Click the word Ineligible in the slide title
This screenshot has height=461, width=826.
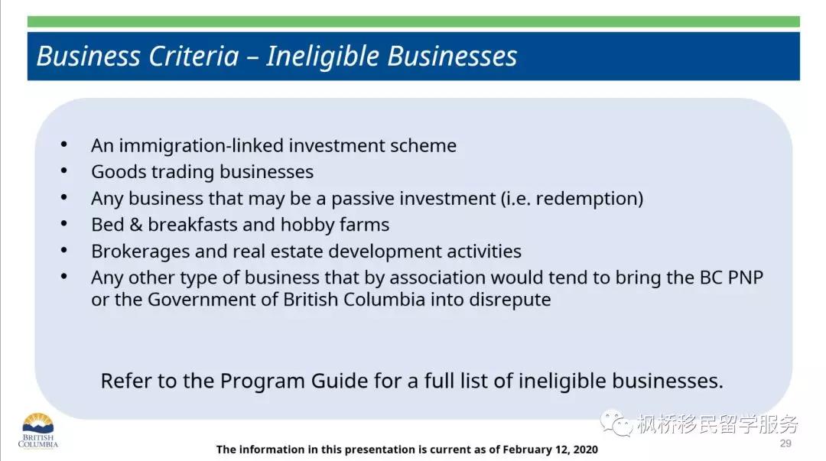(323, 57)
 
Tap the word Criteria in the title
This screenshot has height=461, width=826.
(193, 56)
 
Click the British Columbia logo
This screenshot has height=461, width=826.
(38, 430)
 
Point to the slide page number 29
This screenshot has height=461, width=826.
(785, 443)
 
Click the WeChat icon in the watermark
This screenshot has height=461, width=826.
(616, 423)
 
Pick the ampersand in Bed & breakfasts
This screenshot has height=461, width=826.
(136, 225)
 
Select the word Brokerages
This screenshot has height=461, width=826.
(141, 252)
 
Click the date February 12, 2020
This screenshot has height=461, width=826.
(550, 450)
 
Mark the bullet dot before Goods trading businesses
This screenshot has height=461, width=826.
(63, 170)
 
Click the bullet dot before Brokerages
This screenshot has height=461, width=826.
(63, 250)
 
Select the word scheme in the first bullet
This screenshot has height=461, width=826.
(423, 146)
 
